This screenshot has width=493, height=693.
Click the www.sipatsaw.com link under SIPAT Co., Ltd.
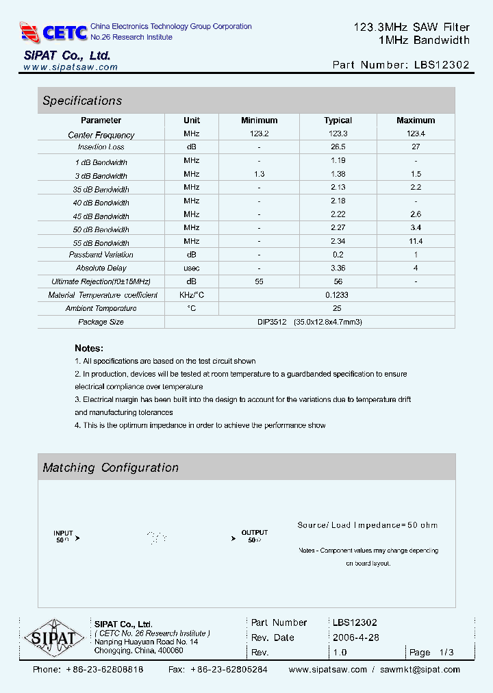(x=71, y=67)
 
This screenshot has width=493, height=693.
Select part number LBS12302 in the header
(x=442, y=65)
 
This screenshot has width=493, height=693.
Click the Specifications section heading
(x=82, y=101)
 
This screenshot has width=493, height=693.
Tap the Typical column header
(x=338, y=121)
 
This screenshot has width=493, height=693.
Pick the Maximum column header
(x=416, y=121)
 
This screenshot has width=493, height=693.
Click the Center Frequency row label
(x=101, y=135)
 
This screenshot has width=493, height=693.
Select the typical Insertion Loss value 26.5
(x=338, y=147)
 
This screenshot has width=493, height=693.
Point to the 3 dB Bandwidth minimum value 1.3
(x=259, y=175)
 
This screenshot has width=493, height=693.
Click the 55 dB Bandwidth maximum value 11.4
(x=416, y=242)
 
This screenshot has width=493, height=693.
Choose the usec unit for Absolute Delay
(x=192, y=268)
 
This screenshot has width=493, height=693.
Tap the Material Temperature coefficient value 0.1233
(x=338, y=295)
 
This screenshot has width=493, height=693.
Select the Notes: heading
(x=89, y=348)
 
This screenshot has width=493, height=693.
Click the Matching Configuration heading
(x=110, y=468)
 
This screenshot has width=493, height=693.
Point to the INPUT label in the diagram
(x=63, y=533)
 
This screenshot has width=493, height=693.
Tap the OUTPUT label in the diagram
(x=255, y=533)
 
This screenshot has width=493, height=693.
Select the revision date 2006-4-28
(x=356, y=638)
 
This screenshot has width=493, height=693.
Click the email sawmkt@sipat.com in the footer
(x=420, y=670)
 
